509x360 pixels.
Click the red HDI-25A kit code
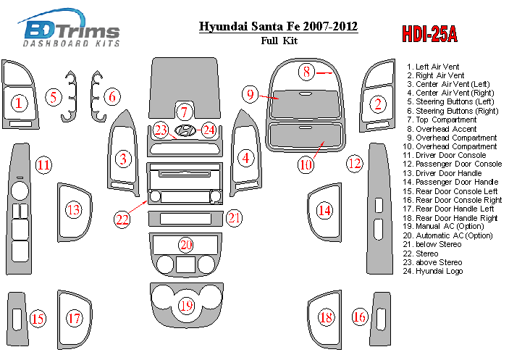(x=429, y=34)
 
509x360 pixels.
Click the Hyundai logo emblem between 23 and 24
(x=185, y=130)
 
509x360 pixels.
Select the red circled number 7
(x=185, y=112)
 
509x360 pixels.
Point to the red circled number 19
(x=186, y=306)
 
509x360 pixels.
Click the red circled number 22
(x=122, y=219)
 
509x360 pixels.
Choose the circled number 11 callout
(x=44, y=165)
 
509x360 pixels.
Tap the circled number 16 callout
(x=359, y=317)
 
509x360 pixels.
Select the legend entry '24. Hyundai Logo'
(x=433, y=271)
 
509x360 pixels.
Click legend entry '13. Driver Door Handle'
(x=442, y=173)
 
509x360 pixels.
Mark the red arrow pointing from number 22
(x=138, y=207)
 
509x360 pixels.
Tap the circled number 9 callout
(x=250, y=94)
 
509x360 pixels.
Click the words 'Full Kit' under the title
(x=279, y=41)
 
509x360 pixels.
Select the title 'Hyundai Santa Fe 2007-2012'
(x=278, y=26)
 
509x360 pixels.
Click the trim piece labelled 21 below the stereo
(x=185, y=219)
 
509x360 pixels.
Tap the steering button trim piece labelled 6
(x=97, y=96)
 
